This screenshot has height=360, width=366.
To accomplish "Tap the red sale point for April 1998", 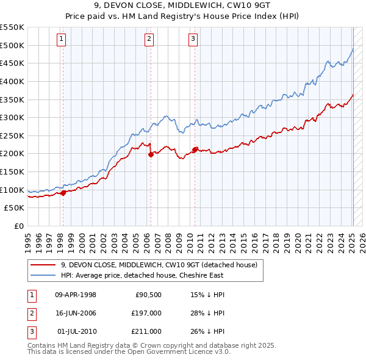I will pyautogui.click(x=63, y=193).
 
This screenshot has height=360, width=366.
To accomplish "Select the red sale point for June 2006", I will pyautogui.click(x=151, y=154).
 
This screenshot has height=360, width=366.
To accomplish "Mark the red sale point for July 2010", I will pyautogui.click(x=195, y=149).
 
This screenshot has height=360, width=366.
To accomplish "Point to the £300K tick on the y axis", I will pyautogui.click(x=13, y=117).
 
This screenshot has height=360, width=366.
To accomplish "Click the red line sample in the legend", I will pyautogui.click(x=43, y=265).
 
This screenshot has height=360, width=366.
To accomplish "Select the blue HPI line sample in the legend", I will pyautogui.click(x=43, y=275).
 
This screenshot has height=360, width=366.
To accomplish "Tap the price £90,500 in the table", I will pyautogui.click(x=148, y=295).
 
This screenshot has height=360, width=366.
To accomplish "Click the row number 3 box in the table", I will pyautogui.click(x=30, y=331).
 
